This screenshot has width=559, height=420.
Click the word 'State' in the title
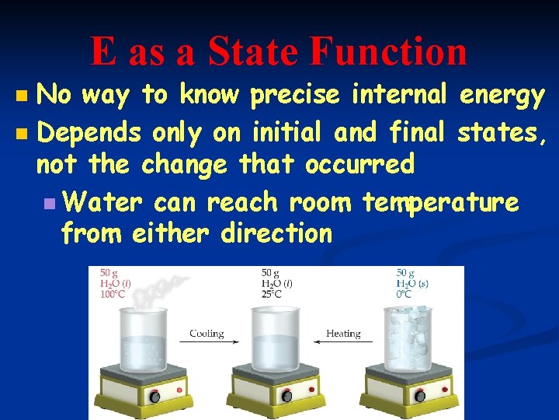(x=254, y=51)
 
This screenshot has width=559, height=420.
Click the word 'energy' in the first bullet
(x=502, y=96)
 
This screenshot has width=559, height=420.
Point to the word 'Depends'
(x=89, y=132)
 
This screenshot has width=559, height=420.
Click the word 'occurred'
(x=359, y=165)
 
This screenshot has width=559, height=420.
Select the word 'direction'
(x=276, y=233)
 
